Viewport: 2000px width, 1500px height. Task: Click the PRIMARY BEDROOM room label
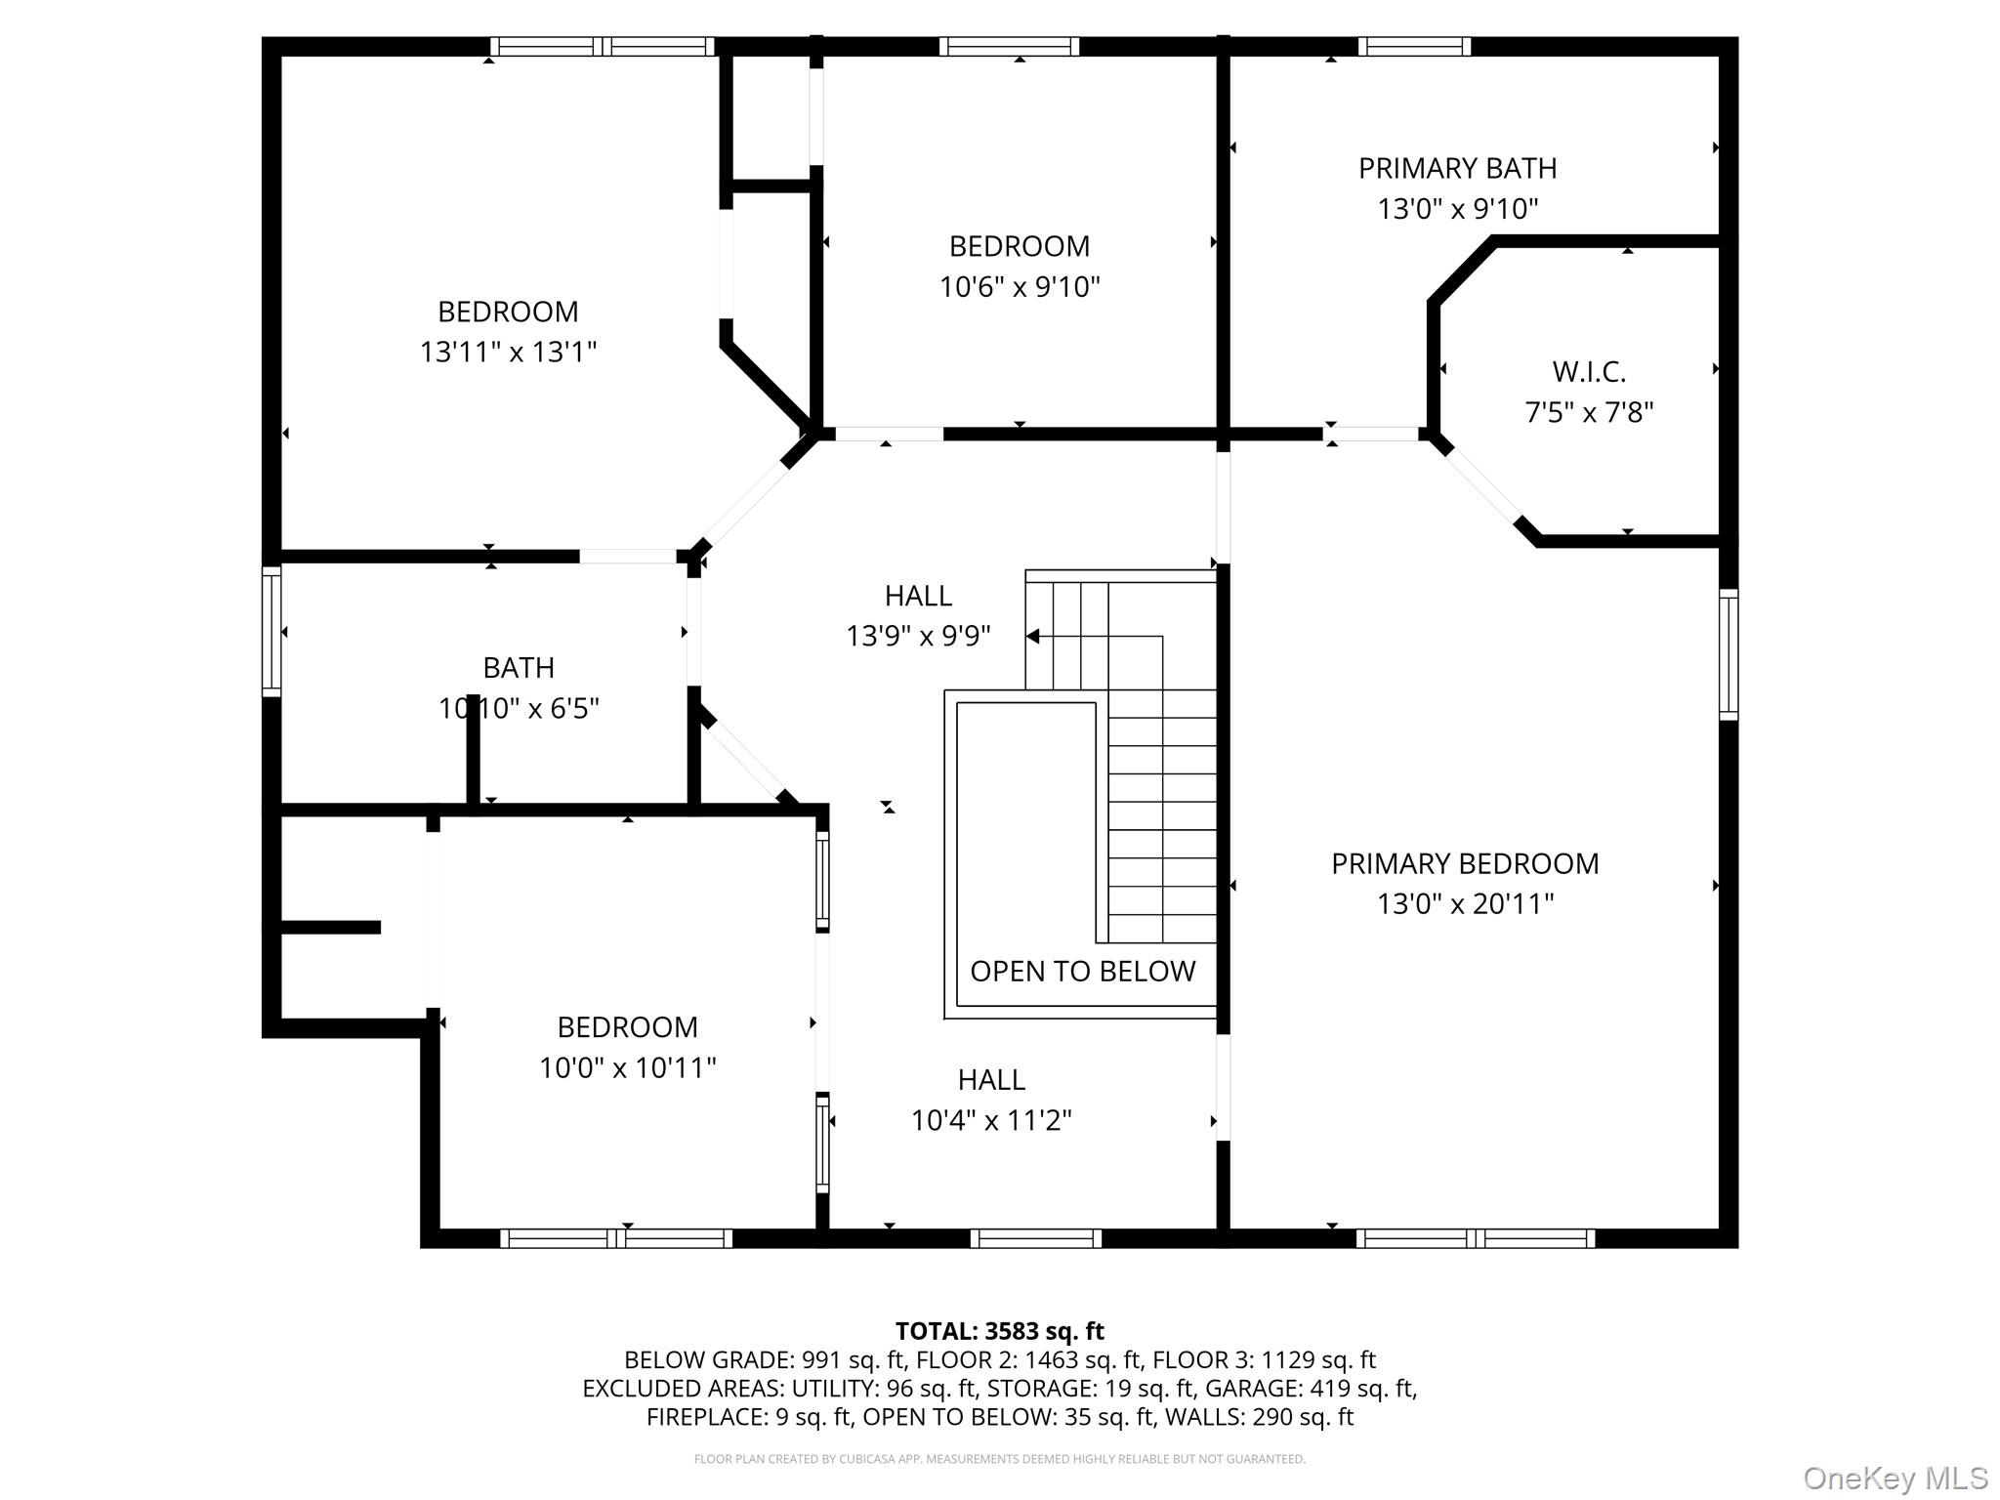(x=1464, y=863)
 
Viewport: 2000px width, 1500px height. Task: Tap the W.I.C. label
(x=1589, y=372)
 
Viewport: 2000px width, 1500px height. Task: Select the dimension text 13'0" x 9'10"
(x=1457, y=209)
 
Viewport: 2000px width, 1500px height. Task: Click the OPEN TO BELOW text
(x=1082, y=971)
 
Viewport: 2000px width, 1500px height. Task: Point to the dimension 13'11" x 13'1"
(x=508, y=352)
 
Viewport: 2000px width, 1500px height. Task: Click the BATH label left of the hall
(x=519, y=668)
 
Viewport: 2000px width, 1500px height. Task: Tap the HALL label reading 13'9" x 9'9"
(x=918, y=596)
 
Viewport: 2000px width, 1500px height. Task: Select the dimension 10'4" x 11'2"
(x=990, y=1120)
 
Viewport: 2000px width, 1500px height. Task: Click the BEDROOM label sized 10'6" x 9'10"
(x=1019, y=246)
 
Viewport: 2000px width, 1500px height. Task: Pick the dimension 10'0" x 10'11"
(x=627, y=1067)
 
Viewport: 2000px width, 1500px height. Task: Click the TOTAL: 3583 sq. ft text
(x=999, y=1331)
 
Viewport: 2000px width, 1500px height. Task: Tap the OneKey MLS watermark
(x=1895, y=1478)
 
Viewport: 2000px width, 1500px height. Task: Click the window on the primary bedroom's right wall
(x=1728, y=655)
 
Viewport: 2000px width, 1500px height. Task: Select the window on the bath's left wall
(x=271, y=632)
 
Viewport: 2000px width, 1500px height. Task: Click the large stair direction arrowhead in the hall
(x=1032, y=637)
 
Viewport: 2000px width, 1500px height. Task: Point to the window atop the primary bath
(x=1413, y=46)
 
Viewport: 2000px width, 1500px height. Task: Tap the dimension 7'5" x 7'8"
(x=1589, y=413)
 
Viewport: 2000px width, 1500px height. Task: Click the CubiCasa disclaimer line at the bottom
(x=999, y=1459)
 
